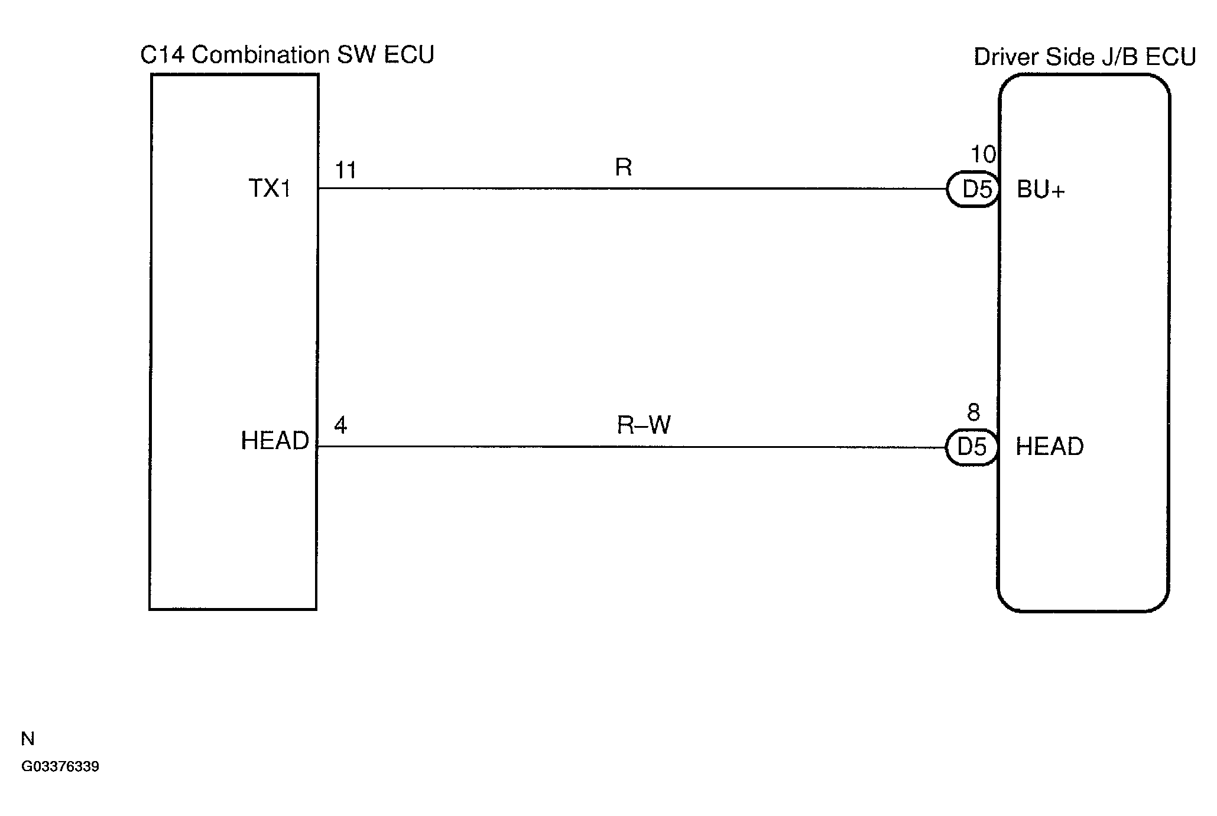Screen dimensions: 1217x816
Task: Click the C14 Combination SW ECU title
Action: pyautogui.click(x=287, y=55)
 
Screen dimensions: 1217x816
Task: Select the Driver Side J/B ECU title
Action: pyautogui.click(x=1085, y=57)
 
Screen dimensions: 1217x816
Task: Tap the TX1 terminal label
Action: pyautogui.click(x=270, y=188)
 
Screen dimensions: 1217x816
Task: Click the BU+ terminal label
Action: pyautogui.click(x=1041, y=190)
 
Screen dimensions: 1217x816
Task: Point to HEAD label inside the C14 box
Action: pyautogui.click(x=275, y=441)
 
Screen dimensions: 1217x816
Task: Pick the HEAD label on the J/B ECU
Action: pyautogui.click(x=1050, y=447)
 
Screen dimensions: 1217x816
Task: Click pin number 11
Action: pyautogui.click(x=346, y=171)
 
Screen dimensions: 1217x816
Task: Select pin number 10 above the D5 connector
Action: pyautogui.click(x=984, y=155)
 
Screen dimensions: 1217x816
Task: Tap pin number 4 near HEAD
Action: pyautogui.click(x=340, y=425)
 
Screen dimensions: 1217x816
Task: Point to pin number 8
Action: pyautogui.click(x=973, y=412)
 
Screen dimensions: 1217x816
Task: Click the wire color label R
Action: pyautogui.click(x=624, y=167)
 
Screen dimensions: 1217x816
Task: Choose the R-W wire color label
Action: pyautogui.click(x=644, y=425)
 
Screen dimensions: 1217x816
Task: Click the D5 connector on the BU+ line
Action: pyautogui.click(x=973, y=190)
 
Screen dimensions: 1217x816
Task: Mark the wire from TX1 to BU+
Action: pyautogui.click(x=632, y=189)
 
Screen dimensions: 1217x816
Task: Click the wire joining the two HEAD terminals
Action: pyautogui.click(x=631, y=447)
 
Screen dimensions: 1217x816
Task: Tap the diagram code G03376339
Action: pyautogui.click(x=60, y=767)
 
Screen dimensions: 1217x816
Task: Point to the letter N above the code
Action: pyautogui.click(x=28, y=739)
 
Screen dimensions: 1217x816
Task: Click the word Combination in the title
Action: pyautogui.click(x=261, y=55)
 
